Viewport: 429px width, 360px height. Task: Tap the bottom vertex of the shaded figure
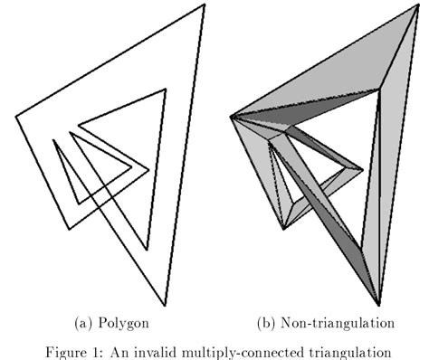pos(378,305)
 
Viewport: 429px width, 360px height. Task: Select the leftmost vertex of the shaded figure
pos(232,116)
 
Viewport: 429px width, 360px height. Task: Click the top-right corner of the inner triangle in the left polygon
pos(166,89)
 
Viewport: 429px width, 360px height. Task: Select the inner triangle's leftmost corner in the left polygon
pos(78,123)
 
